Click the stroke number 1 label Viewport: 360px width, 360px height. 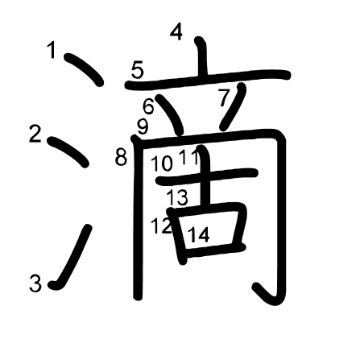tap(52, 50)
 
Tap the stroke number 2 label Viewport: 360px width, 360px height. tap(35, 134)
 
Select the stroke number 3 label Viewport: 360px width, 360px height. tap(35, 283)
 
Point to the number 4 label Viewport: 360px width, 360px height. tap(176, 31)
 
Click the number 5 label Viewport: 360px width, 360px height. tap(138, 71)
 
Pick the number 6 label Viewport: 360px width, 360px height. tap(148, 106)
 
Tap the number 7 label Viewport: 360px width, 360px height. tap(224, 98)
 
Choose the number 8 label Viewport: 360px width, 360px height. tap(121, 157)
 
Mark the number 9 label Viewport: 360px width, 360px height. tap(143, 126)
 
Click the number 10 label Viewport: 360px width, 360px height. tap(162, 163)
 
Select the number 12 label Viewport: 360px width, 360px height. tap(161, 226)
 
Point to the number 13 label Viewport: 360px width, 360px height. tap(177, 197)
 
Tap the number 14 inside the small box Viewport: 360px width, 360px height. tap(199, 234)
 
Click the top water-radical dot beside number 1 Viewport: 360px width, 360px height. tap(84, 68)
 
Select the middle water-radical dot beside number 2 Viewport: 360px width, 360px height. tap(68, 151)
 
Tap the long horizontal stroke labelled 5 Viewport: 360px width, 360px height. tap(207, 80)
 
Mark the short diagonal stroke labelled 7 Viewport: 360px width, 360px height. tap(233, 107)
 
